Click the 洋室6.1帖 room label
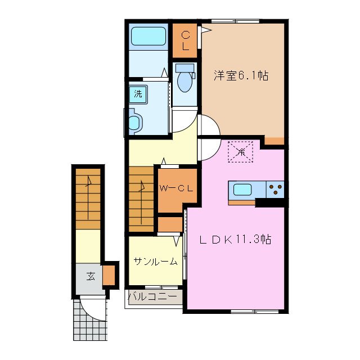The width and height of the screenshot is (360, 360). [x=240, y=75]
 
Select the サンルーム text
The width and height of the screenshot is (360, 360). [x=156, y=261]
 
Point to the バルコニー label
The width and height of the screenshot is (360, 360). [x=154, y=295]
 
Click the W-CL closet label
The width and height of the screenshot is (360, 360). [x=177, y=188]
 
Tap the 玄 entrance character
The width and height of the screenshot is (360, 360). [x=91, y=276]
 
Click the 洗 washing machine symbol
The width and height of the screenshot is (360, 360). [x=137, y=94]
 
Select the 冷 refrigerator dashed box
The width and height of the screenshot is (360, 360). [x=241, y=151]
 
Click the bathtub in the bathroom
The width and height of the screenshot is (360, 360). [x=148, y=38]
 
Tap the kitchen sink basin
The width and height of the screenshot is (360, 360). [x=242, y=190]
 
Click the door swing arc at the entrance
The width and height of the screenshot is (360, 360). [x=92, y=307]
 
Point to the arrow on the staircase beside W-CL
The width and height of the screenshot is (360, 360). [x=142, y=188]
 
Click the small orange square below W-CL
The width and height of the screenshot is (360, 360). [x=169, y=224]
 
